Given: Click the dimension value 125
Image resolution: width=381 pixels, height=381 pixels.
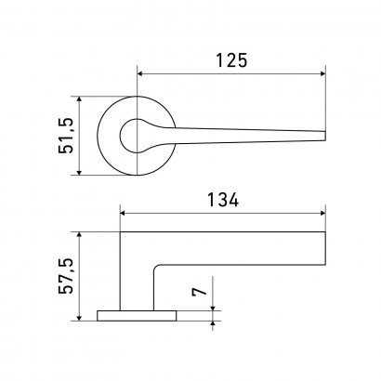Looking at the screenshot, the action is tap(231, 60).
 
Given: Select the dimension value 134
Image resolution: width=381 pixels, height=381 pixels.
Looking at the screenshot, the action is tap(223, 200).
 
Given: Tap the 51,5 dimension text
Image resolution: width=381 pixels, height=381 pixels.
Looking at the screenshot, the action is tap(66, 136).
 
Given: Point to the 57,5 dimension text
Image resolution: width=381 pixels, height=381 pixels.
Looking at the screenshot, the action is tap(66, 276).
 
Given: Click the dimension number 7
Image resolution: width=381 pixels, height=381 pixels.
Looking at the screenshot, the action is tap(199, 292).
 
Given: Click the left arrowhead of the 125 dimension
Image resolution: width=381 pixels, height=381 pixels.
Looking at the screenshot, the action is tap(139, 73).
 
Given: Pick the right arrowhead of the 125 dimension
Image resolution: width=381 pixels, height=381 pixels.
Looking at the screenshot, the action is tap(322, 73).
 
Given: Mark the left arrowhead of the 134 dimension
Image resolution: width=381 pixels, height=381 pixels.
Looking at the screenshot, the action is tap(123, 213).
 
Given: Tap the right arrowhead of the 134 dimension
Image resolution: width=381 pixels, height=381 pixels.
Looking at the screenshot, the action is tap(322, 213).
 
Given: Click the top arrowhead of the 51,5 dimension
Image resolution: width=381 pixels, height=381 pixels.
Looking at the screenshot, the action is tap(79, 99).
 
